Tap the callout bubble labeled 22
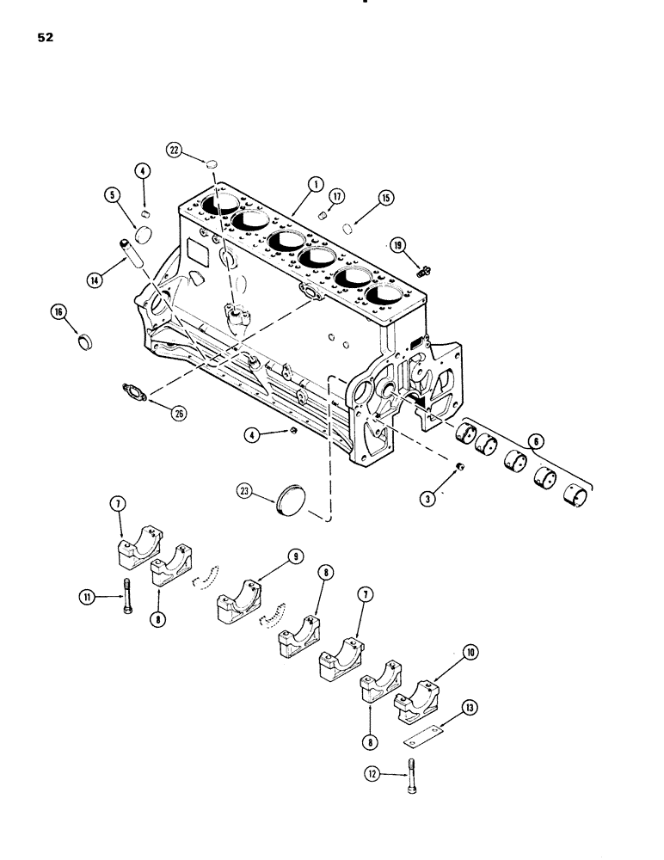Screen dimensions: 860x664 (x=199, y=150)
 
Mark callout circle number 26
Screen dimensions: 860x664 (x=178, y=414)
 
